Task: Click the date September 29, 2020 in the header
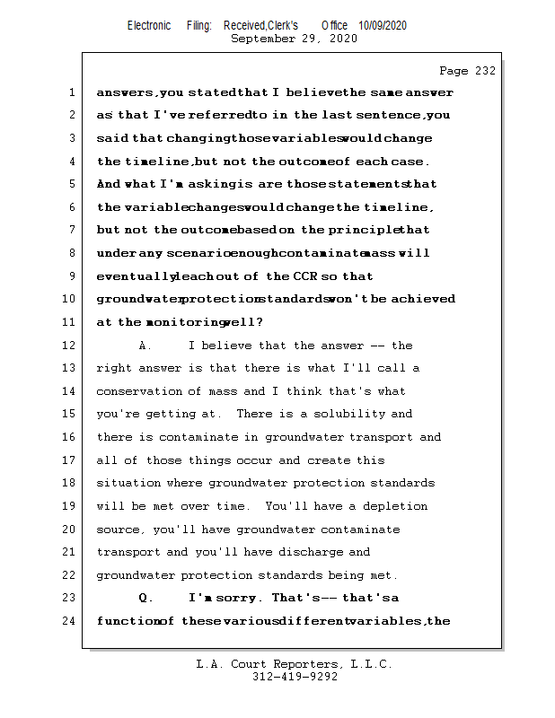[x=294, y=39]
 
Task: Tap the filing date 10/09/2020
[x=382, y=26]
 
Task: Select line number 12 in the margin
[x=71, y=346]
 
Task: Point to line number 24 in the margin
[x=71, y=621]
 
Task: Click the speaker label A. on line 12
[x=146, y=346]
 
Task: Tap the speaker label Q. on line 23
[x=146, y=598]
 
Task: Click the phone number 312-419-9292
[x=295, y=677]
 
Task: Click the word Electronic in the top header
[x=149, y=26]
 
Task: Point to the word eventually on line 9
[x=135, y=276]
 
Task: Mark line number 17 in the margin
[x=71, y=460]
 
